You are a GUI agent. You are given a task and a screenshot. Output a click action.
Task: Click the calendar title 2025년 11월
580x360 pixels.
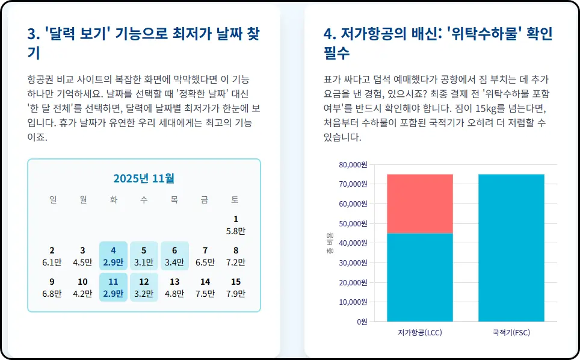pos(144,178)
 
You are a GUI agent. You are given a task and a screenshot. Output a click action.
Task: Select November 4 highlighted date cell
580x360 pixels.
pos(113,256)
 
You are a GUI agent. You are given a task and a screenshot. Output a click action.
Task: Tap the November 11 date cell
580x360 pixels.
pos(113,287)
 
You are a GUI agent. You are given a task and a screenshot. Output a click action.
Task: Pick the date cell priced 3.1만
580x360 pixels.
pos(144,256)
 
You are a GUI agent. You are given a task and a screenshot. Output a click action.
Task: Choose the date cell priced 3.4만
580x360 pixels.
pos(174,256)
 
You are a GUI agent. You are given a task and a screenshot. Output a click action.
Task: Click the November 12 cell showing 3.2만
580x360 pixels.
pos(144,287)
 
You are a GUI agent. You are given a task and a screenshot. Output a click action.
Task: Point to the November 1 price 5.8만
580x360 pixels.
pos(236,231)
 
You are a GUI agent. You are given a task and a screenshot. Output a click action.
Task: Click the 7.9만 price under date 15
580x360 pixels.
pos(236,294)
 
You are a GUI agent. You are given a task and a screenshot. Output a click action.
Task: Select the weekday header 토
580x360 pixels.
pos(235,200)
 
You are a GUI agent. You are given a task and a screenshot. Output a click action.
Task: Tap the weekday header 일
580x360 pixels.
pos(52,200)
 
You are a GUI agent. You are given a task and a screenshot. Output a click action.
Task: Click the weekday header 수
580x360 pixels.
pos(144,200)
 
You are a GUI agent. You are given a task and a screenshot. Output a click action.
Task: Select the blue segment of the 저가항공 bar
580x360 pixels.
pos(419,277)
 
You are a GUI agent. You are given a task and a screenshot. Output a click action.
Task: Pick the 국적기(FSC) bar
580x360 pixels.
pos(511,247)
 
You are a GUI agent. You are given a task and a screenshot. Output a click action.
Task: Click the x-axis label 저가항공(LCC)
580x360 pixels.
pos(419,332)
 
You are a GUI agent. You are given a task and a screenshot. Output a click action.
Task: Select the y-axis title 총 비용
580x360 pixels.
pos(330,243)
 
